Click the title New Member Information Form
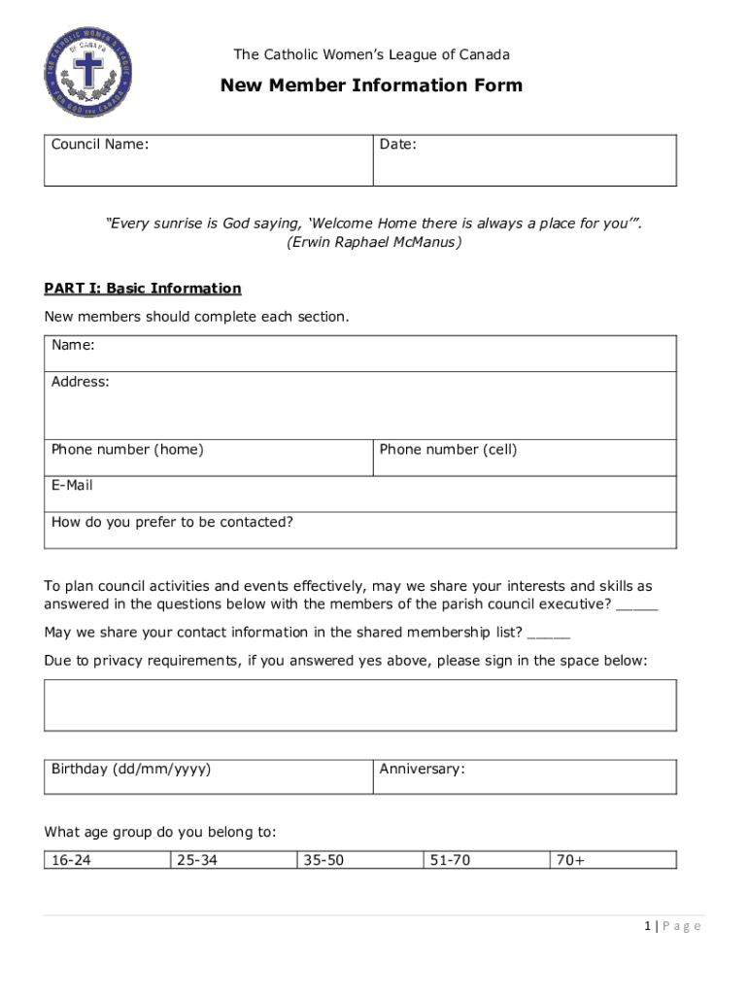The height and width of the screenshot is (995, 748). [x=371, y=86]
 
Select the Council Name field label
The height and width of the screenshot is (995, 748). [x=100, y=145]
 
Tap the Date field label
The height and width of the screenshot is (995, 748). [x=398, y=145]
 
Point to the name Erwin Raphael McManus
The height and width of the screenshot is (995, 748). [x=373, y=242]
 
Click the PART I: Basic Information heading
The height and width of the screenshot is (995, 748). [x=143, y=289]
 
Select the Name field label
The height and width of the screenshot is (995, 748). [x=73, y=345]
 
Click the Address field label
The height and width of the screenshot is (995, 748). [x=81, y=382]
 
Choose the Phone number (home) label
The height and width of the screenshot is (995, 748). [x=127, y=450]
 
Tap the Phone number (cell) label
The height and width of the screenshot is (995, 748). [x=448, y=450]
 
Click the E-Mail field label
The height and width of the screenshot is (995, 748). [x=73, y=485]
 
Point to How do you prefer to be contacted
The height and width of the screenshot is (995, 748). [x=172, y=522]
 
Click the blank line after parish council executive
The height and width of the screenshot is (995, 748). [x=636, y=606]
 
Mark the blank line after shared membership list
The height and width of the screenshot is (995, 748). [x=549, y=635]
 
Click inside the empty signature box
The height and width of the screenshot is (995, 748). [x=360, y=704]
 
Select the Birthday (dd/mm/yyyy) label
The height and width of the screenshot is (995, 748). [x=131, y=770]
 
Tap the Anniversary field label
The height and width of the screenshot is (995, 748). [x=423, y=770]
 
